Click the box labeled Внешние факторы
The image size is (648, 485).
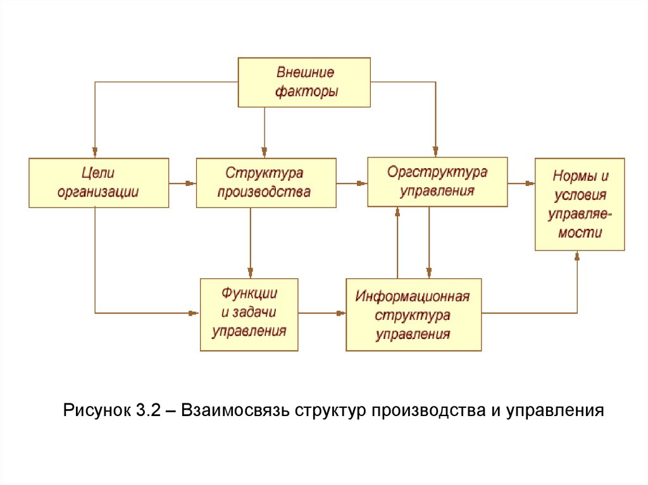pyautogui.click(x=304, y=82)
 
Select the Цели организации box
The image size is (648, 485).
pyautogui.click(x=99, y=183)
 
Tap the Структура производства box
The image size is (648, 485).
pyautogui.click(x=265, y=183)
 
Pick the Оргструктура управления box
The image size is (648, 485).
pyautogui.click(x=437, y=181)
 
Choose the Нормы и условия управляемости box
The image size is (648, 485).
pyautogui.click(x=580, y=204)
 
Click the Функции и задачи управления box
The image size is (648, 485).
pyautogui.click(x=249, y=314)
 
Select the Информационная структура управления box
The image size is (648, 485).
pyautogui.click(x=413, y=314)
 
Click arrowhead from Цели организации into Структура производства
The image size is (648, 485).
pyautogui.click(x=190, y=183)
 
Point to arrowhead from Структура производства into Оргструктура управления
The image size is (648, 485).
pyautogui.click(x=362, y=183)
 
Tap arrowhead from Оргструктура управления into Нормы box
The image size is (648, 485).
pyautogui.click(x=530, y=183)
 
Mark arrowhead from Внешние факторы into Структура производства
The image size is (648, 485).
pyautogui.click(x=265, y=152)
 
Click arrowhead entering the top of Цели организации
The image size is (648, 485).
pyautogui.click(x=95, y=152)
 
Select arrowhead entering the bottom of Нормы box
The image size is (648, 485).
pyautogui.click(x=577, y=255)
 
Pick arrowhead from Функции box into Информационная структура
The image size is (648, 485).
pyautogui.click(x=340, y=312)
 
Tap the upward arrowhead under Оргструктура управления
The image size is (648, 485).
pyautogui.click(x=397, y=212)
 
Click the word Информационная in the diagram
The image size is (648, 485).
pyautogui.click(x=413, y=296)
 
